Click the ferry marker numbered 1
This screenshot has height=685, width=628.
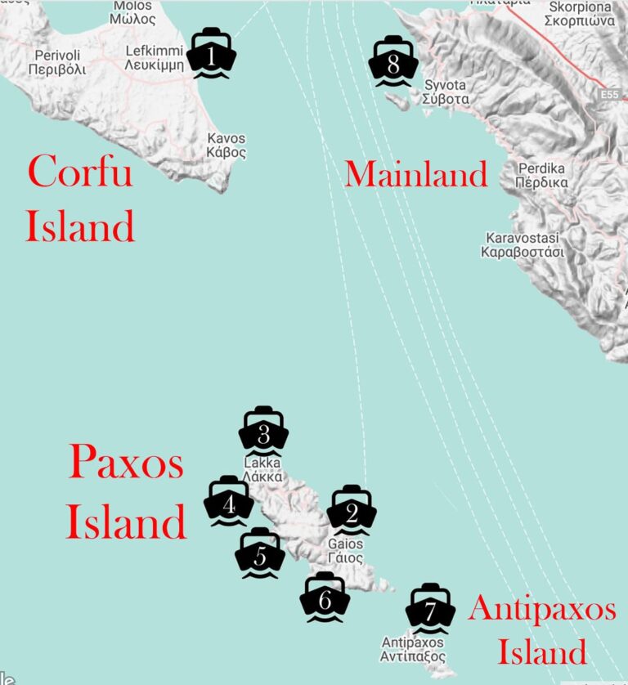point(211,54)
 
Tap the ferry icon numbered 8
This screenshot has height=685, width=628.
point(393,62)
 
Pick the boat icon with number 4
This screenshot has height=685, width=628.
point(229,502)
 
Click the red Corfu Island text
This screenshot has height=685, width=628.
point(79,199)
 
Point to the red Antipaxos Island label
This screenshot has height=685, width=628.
point(542,630)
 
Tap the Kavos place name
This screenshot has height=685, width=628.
point(227,146)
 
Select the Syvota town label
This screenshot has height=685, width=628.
point(446,92)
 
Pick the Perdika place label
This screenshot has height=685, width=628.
point(542,175)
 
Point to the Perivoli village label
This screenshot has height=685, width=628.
point(57,62)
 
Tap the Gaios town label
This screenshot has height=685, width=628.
point(345,550)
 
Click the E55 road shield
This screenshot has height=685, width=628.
point(608,96)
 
